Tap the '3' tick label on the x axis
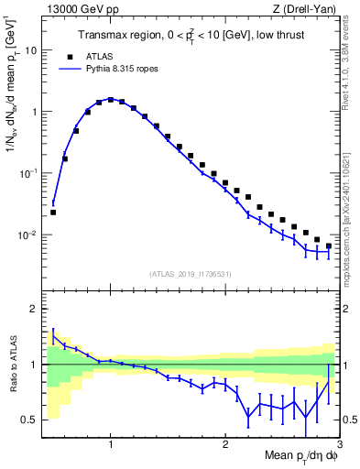coord(338,443)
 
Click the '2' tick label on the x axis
coord(224,443)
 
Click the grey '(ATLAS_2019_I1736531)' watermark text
coord(190,273)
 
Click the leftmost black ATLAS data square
coord(53,212)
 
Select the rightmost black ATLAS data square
coord(328,245)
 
